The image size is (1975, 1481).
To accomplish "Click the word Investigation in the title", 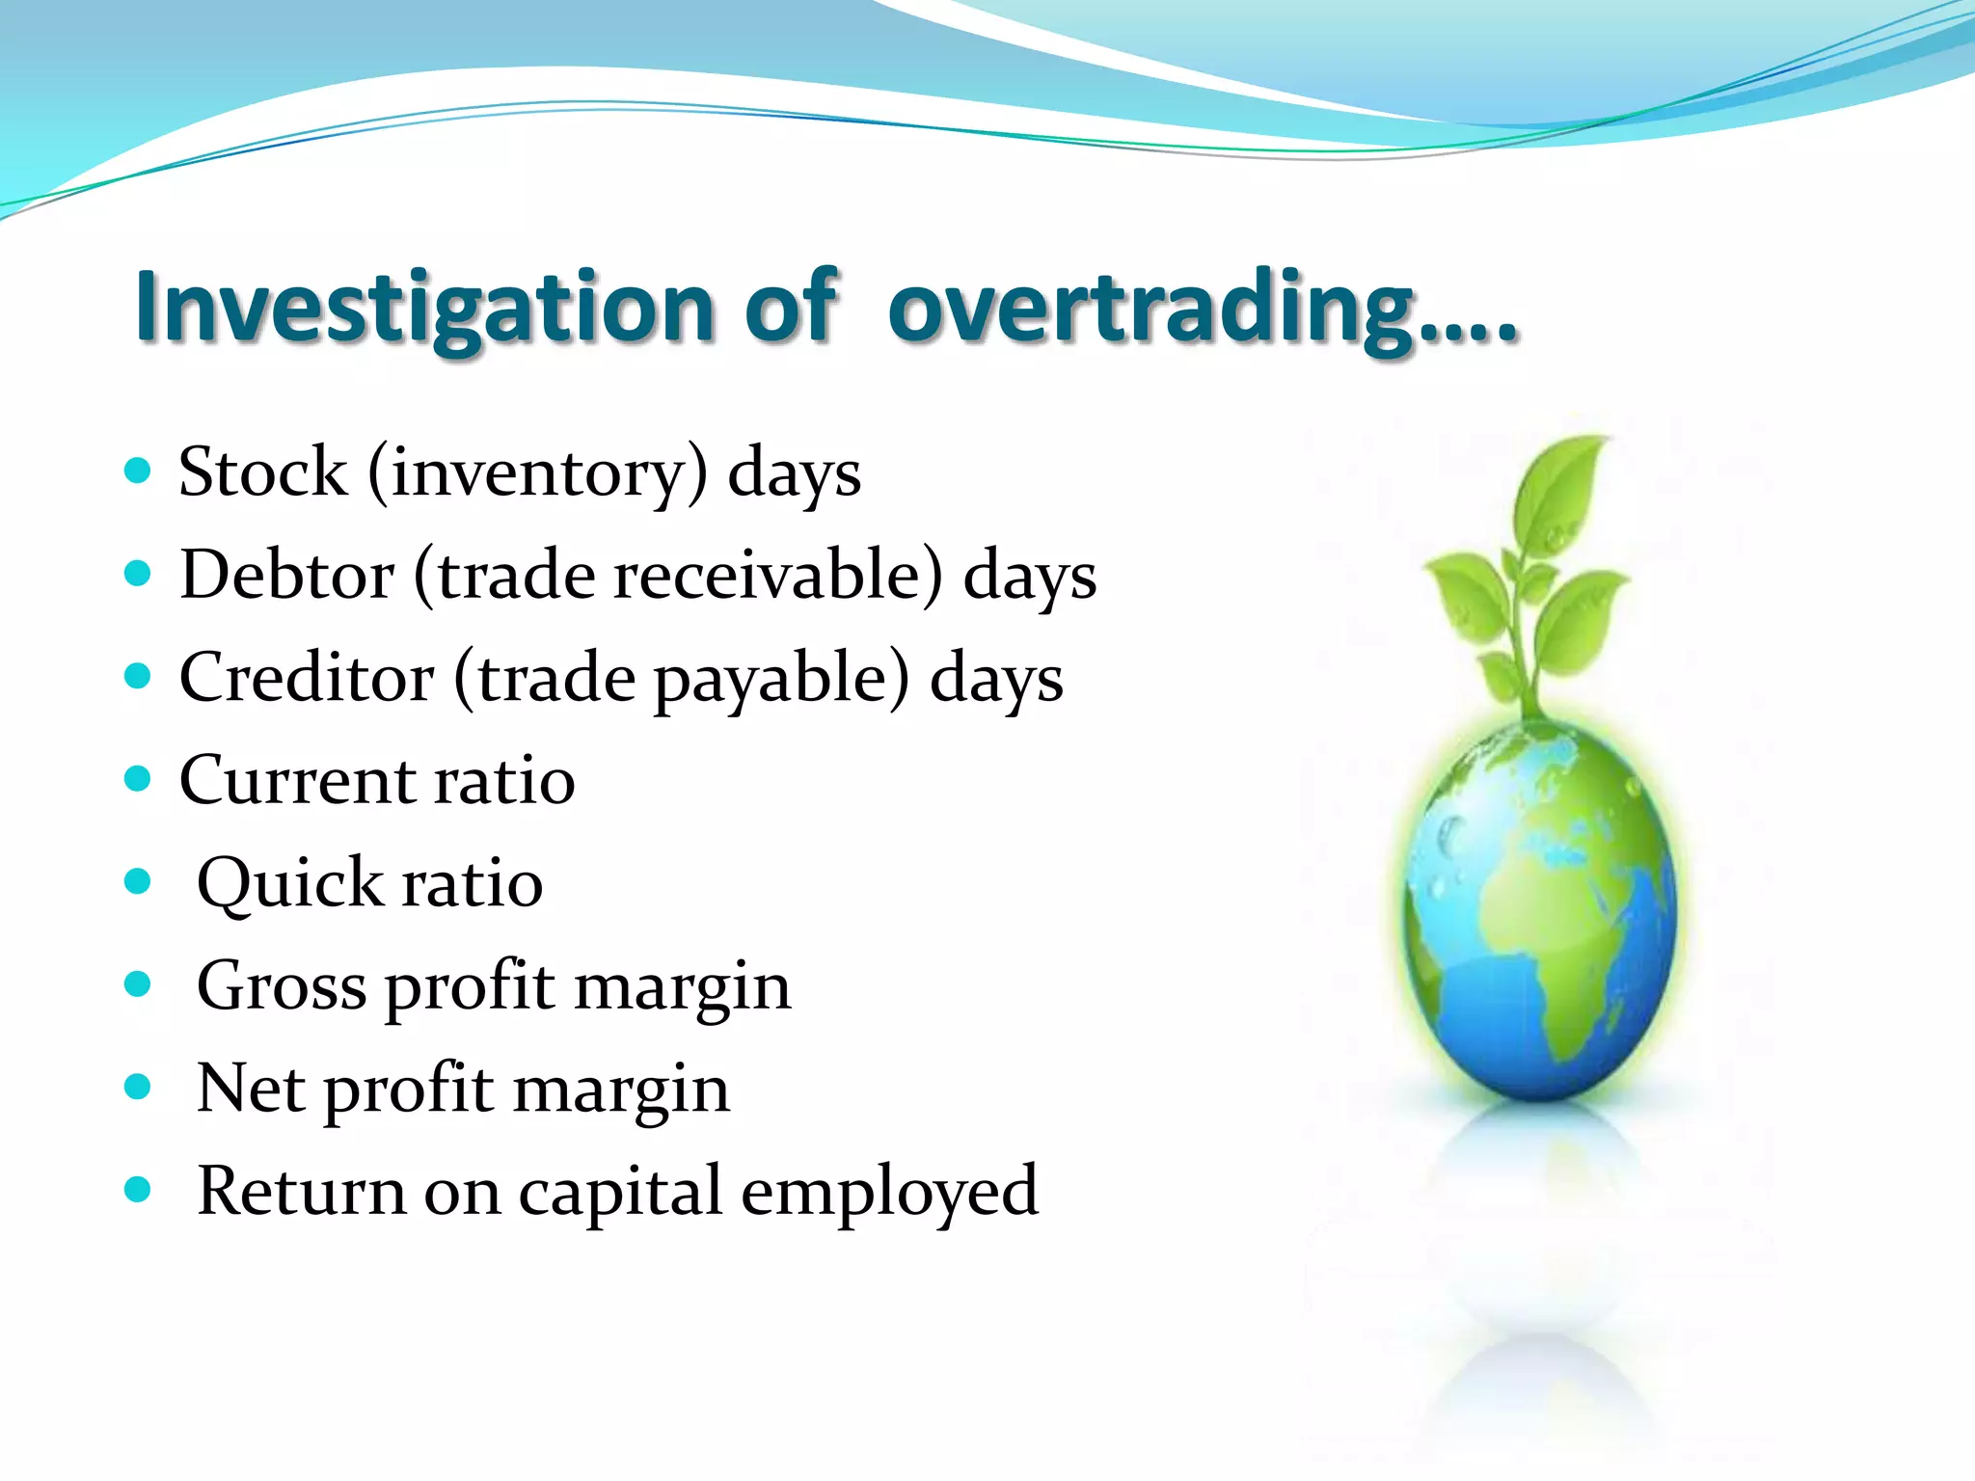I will [424, 307].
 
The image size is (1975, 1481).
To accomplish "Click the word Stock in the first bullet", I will [262, 472].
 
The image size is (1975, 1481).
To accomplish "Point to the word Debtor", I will [286, 576].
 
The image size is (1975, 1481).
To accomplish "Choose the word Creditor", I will [306, 678].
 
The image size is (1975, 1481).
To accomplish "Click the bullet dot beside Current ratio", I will [138, 779].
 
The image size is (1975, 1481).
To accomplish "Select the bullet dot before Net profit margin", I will [138, 1088].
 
